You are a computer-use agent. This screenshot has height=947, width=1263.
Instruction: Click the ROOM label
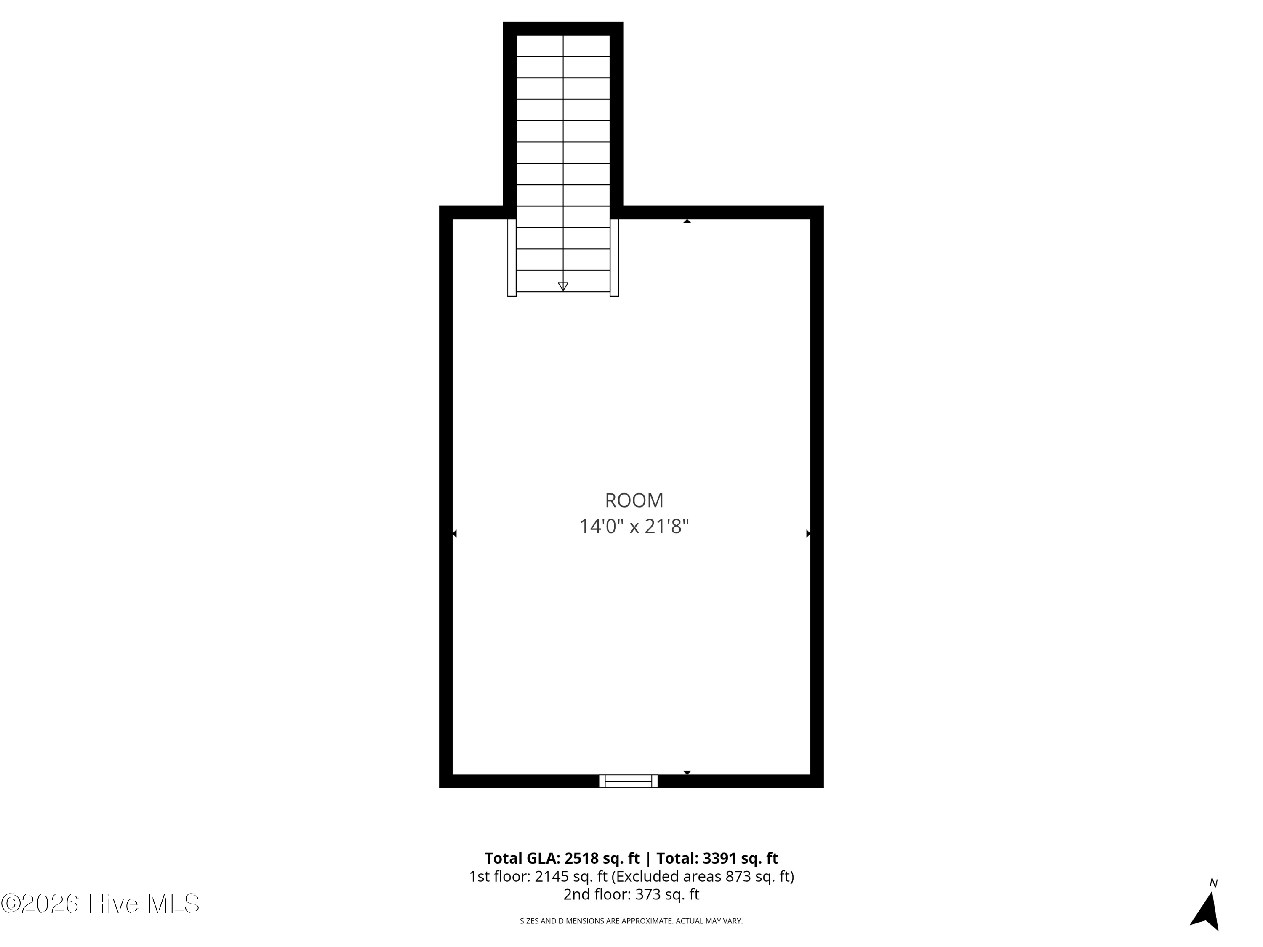tap(634, 500)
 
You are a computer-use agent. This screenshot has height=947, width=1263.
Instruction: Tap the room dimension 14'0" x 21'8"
tap(634, 526)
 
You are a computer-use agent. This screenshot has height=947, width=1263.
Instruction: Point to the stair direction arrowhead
tap(563, 287)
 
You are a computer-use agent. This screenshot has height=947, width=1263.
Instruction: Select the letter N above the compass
tap(1214, 883)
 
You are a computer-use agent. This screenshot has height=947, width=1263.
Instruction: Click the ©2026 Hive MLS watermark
tap(101, 904)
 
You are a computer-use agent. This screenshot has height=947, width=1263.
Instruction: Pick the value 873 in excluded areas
tap(739, 876)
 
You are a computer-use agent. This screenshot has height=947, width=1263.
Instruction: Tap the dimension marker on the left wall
tap(455, 534)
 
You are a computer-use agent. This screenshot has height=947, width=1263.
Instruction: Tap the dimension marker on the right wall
tap(808, 534)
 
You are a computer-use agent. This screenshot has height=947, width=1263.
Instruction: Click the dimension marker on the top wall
tap(687, 221)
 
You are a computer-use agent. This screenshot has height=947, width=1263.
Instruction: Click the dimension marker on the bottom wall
tap(687, 772)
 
